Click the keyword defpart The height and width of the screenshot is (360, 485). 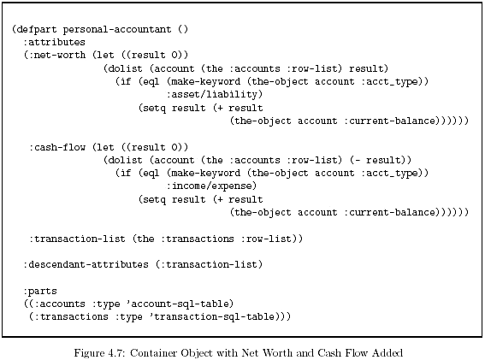click(x=37, y=29)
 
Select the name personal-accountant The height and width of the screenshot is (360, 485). click(x=117, y=29)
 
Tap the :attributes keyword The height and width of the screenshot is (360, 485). click(x=54, y=42)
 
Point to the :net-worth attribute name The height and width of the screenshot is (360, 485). click(x=57, y=55)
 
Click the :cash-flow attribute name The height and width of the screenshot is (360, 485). click(x=57, y=147)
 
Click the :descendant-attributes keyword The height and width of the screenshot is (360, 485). click(x=86, y=264)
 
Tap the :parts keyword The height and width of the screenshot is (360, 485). click(x=40, y=292)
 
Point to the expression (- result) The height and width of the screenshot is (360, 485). click(x=378, y=160)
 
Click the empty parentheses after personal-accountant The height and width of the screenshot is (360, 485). click(x=183, y=29)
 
